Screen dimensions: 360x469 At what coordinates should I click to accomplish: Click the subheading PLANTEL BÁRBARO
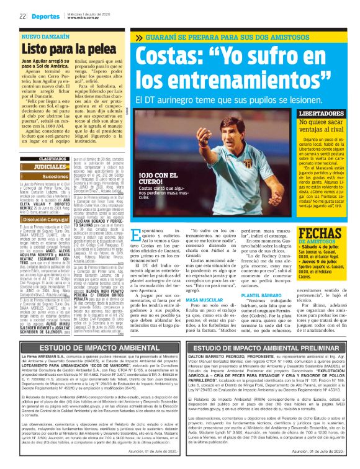pyautogui.click(x=264, y=294)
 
